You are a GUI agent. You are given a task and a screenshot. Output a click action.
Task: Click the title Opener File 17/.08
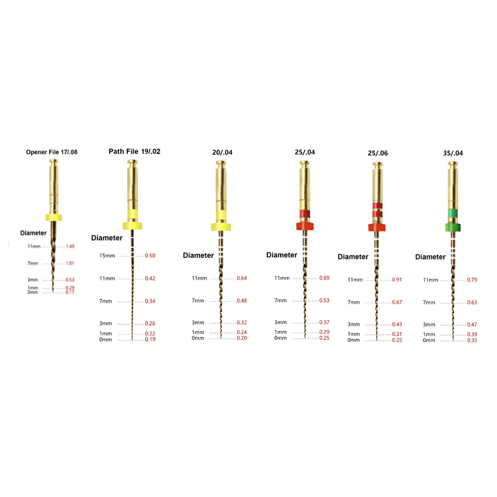point(52,152)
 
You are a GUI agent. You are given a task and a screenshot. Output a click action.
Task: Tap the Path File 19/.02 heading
point(134,152)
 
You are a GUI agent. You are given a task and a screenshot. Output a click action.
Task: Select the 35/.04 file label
point(453,153)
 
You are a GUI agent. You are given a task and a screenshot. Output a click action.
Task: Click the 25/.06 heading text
point(378,153)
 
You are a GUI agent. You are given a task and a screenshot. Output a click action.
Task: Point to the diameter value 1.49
point(70,246)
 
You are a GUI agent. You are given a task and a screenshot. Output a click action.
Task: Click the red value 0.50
point(150,256)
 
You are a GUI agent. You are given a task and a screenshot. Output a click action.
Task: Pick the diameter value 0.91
point(397,280)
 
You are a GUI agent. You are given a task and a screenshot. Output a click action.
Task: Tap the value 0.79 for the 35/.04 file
point(472,280)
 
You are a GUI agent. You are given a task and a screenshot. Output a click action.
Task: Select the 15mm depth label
point(107,256)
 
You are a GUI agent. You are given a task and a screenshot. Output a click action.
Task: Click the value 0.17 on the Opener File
point(70,292)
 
